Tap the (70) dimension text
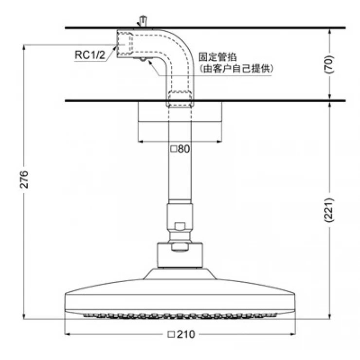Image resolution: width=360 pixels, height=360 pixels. tap(330, 64)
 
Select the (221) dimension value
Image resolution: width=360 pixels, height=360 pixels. tap(330, 210)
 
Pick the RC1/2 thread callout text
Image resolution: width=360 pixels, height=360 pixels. tap(90, 55)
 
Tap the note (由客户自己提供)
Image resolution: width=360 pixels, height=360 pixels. tap(236, 69)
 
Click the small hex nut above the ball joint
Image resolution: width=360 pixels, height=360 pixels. tap(180, 227)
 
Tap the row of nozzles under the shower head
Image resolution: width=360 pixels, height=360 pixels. tap(180, 315)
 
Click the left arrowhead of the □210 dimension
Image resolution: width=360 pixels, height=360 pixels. tap(68, 335)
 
